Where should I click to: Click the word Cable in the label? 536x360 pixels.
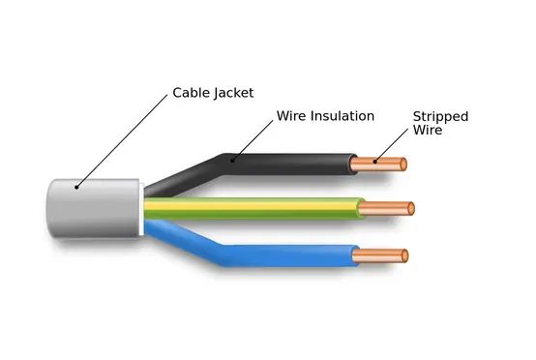(191, 93)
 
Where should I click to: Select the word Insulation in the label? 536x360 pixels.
(342, 116)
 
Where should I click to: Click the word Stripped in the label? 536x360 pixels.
(440, 116)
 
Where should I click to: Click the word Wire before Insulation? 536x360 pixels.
(291, 116)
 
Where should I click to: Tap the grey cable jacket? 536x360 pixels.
(92, 209)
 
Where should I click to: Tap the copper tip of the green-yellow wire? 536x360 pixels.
(393, 208)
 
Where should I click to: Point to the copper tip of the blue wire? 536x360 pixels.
(387, 255)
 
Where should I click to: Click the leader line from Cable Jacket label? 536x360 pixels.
(121, 135)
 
